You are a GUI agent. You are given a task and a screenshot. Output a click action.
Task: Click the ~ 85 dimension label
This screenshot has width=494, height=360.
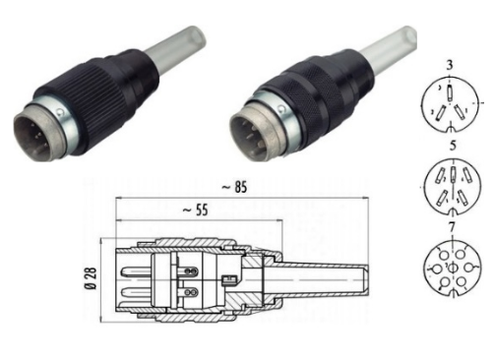click(x=234, y=188)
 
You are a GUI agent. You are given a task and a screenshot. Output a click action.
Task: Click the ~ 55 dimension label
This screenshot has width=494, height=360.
click(x=196, y=210)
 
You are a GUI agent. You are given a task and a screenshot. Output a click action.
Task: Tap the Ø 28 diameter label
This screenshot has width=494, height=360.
click(x=91, y=278)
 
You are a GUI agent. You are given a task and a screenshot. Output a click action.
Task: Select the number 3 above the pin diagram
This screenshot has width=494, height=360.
click(x=450, y=65)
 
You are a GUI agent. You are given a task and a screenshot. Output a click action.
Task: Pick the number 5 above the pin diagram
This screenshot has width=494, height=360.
click(x=453, y=146)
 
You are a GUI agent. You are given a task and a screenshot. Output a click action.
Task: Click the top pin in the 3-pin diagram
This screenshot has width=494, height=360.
click(x=450, y=92)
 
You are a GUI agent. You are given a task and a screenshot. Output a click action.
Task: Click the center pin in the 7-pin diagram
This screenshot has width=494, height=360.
click(x=453, y=269)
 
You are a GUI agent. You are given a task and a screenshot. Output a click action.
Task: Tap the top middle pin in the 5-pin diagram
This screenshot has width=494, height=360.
click(x=453, y=174)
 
